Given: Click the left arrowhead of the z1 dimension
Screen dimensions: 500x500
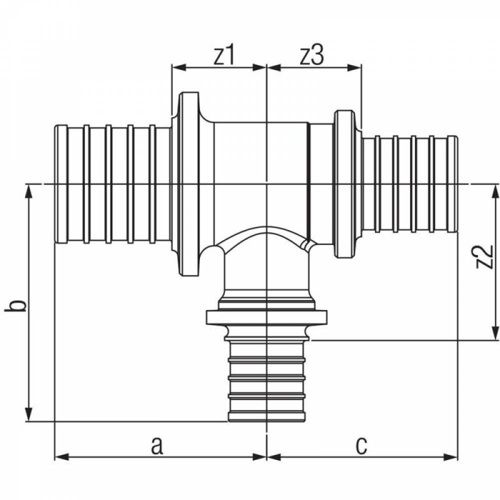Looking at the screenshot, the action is pos(178,67).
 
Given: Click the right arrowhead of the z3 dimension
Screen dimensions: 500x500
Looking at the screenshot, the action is pos(354,67).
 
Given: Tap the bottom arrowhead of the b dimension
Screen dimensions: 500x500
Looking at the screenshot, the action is pos(29,414).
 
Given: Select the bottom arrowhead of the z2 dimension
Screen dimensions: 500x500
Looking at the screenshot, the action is pos(495,333).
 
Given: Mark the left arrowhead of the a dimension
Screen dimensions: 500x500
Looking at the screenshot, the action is pos(62,457).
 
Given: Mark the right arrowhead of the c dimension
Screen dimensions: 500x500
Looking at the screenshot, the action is pos(450,457).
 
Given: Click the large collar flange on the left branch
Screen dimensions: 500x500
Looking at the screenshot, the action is pos(189,184).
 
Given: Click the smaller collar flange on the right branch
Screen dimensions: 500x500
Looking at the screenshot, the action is pos(344,184).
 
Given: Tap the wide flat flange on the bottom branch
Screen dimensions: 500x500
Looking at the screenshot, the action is pos(266,317).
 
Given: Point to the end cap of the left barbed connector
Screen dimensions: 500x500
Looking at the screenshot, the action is pos(61,184).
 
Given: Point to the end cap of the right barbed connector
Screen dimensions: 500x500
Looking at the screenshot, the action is pos(453,184).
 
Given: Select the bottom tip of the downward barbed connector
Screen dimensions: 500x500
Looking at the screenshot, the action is pos(266,421).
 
